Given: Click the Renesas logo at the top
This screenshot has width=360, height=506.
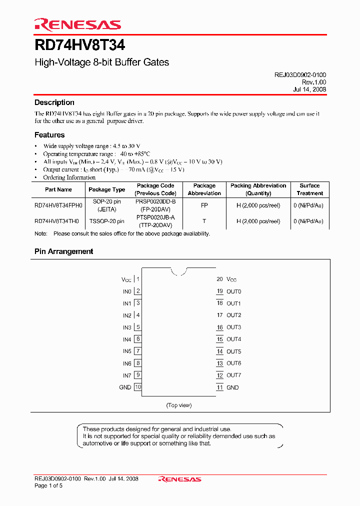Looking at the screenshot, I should click(77, 24).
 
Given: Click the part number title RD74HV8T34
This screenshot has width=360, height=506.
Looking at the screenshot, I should click(79, 45).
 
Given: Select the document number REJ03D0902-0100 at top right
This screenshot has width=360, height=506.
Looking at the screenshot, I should click(300, 74).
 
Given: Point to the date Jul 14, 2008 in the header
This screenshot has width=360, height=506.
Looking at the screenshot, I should click(309, 89).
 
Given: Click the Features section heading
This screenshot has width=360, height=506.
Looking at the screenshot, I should click(49, 135).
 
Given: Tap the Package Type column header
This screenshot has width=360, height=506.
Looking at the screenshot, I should click(106, 189).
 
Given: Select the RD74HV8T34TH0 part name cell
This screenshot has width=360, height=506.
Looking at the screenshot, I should click(56, 221).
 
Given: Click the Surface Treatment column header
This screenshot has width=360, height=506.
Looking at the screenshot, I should click(309, 189).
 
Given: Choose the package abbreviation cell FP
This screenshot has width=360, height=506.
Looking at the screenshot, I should click(204, 205).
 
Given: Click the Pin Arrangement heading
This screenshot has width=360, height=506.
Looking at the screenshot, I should click(63, 251).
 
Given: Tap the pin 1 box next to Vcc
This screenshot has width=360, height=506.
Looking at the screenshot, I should click(138, 279).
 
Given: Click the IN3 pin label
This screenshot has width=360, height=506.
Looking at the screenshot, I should click(127, 327).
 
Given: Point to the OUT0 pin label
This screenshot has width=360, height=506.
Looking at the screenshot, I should click(233, 291).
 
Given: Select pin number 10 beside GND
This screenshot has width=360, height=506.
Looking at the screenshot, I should click(138, 387).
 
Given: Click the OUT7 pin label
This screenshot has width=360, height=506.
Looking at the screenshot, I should click(233, 375).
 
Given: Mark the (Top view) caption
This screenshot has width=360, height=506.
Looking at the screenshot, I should click(179, 405).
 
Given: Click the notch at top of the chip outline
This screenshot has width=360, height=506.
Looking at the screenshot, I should click(179, 272).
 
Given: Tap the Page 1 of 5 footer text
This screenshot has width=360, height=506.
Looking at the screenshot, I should click(48, 486).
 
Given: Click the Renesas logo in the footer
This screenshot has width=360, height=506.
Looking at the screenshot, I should click(179, 479).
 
